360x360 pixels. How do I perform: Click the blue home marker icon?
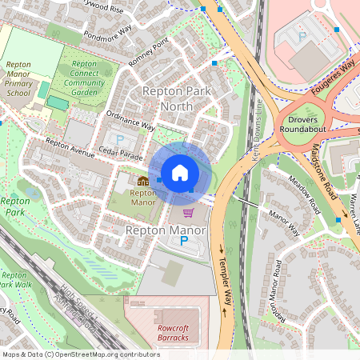pyautogui.click(x=180, y=172)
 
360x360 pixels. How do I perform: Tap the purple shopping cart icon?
pyautogui.click(x=189, y=213)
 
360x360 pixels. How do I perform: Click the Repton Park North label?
pyautogui.click(x=176, y=98)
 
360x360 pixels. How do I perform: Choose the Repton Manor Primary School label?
pyautogui.click(x=18, y=78)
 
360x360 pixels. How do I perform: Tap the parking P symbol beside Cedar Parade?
pyautogui.click(x=120, y=139)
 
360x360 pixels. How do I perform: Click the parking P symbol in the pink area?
pyautogui.click(x=302, y=37)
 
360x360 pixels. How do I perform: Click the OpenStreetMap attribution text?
pyautogui.click(x=80, y=354)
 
